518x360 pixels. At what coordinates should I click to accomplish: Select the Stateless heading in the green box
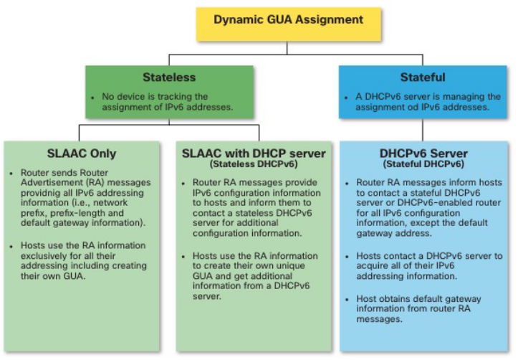click(x=169, y=77)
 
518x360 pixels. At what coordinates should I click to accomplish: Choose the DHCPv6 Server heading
click(x=423, y=153)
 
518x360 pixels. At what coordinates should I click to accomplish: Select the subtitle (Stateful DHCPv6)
click(x=423, y=164)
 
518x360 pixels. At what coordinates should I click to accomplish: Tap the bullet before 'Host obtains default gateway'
click(x=349, y=299)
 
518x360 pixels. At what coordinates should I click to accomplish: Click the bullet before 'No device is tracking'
click(x=93, y=97)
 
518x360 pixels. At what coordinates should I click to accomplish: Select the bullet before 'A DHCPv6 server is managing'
click(x=347, y=97)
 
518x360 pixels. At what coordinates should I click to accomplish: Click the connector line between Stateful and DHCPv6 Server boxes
click(x=423, y=129)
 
